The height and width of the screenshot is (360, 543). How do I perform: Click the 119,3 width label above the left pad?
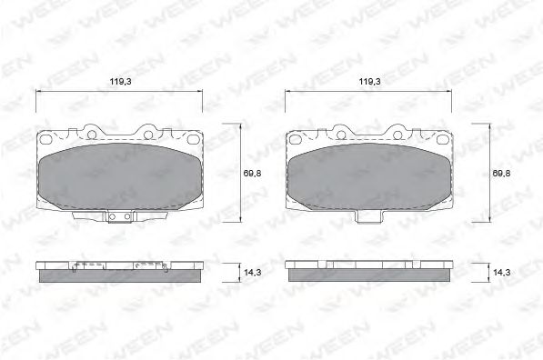pos(120,82)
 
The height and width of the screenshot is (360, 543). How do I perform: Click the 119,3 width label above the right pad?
pos(369,82)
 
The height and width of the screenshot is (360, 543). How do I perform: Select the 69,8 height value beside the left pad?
pos(252,174)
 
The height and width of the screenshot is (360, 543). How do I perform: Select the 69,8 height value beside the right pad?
pos(501,174)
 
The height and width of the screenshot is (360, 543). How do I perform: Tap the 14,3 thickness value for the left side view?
pos(253,273)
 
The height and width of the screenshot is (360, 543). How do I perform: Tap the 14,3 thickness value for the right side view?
pos(501,273)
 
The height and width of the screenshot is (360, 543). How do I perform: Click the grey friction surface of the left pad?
pos(120,176)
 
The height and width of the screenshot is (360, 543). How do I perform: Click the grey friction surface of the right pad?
pos(369,176)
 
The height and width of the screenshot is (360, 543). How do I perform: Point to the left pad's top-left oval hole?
pos(45,139)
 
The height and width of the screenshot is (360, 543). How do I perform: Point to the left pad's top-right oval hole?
pos(192,139)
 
